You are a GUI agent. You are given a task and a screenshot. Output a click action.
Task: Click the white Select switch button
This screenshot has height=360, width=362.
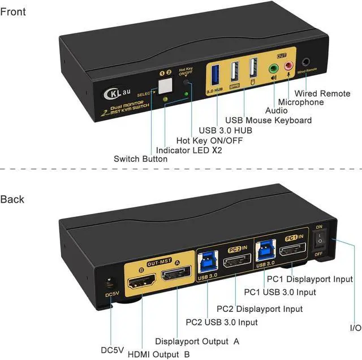point(166,84)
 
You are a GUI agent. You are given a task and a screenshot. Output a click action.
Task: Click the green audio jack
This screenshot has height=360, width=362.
point(274,68)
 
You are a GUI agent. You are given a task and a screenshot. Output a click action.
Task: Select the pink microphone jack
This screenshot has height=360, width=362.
point(290,67)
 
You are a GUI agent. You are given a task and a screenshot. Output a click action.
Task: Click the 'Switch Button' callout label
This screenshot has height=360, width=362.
point(140,159)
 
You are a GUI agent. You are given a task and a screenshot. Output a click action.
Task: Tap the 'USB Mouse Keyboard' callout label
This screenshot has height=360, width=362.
point(268,120)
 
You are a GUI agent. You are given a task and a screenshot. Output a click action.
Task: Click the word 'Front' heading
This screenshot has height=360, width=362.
point(13,12)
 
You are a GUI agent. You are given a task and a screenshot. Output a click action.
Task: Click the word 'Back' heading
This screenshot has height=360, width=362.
point(12,199)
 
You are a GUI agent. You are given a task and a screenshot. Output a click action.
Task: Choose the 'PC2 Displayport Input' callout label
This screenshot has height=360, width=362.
point(260,309)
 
